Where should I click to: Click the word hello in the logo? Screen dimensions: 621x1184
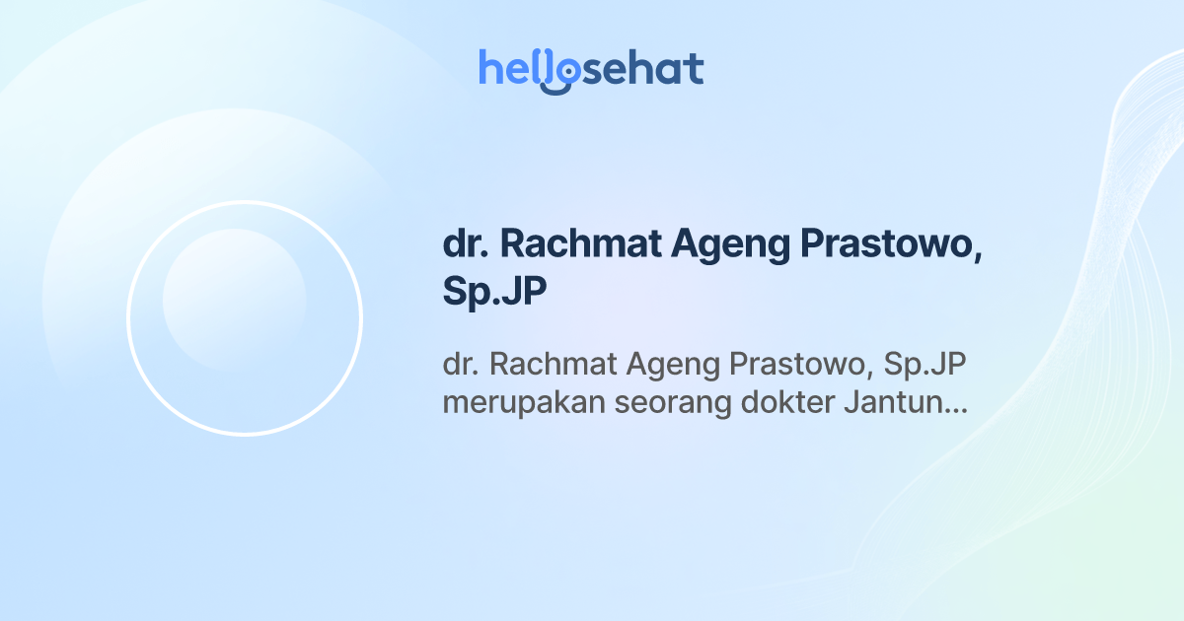(x=515, y=69)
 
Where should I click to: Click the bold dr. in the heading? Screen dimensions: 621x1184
(x=462, y=246)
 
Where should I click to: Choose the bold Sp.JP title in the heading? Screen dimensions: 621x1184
(x=494, y=293)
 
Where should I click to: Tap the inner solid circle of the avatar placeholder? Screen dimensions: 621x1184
(x=234, y=300)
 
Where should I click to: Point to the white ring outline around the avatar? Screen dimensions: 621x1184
(x=128, y=318)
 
